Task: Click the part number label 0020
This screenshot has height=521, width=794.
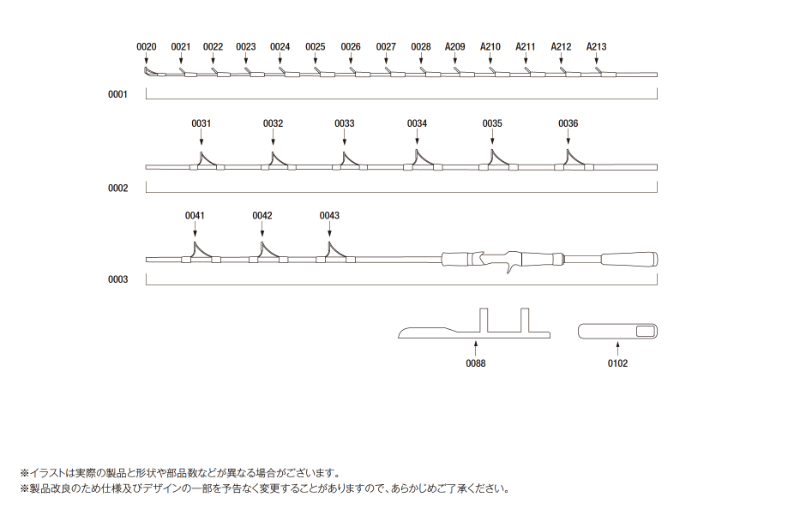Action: [147, 46]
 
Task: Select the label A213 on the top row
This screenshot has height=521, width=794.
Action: [596, 46]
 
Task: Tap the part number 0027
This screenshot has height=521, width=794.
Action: [386, 46]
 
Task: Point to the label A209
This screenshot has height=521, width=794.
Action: [454, 46]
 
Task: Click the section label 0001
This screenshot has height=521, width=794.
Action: [117, 94]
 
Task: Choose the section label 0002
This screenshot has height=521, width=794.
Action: [117, 188]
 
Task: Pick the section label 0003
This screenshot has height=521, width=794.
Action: [117, 279]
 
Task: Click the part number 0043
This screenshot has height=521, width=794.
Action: [329, 215]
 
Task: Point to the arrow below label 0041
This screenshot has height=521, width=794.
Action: [195, 231]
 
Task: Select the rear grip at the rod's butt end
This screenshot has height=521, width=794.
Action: [629, 259]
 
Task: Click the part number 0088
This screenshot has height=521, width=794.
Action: [475, 363]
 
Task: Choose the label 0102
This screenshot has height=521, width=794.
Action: [617, 363]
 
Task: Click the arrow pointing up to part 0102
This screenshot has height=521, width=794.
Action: [617, 348]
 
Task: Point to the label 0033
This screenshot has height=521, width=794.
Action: [345, 123]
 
